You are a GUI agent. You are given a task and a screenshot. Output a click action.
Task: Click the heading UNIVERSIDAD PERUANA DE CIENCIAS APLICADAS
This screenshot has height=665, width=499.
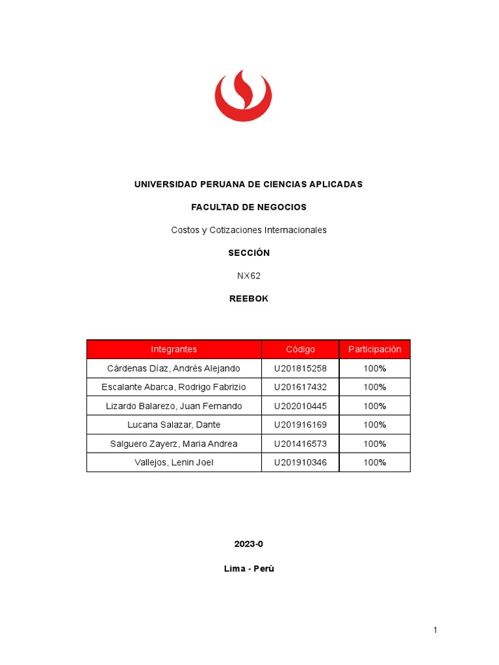coord(248,184)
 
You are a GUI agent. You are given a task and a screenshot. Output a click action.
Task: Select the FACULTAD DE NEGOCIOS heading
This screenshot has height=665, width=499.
coord(248,207)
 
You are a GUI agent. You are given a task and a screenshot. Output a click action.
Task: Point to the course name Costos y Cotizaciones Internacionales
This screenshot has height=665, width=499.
coord(248,230)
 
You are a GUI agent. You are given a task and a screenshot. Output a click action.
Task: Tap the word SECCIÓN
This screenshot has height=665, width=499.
coord(248,253)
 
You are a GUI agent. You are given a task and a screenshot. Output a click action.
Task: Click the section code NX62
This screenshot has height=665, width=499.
coord(248,275)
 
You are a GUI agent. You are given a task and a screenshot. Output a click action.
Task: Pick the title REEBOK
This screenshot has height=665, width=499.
coord(248,299)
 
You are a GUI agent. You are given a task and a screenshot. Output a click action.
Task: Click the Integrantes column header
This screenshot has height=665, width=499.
coord(173,349)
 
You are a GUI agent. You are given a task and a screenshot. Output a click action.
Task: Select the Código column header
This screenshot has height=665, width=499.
coord(300,349)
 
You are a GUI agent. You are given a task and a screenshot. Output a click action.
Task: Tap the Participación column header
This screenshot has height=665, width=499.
coord(375,349)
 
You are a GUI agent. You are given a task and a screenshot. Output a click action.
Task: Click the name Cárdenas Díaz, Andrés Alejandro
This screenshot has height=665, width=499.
coord(173,368)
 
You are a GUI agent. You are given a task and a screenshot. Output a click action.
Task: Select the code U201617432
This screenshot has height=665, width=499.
coord(300,387)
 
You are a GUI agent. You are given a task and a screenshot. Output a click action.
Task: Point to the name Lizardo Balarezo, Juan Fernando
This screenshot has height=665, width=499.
coord(173,406)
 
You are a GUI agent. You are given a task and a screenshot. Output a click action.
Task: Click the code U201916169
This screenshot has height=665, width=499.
coord(300,425)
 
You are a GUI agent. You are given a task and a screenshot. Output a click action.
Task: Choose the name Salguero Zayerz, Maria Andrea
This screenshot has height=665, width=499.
coord(173,444)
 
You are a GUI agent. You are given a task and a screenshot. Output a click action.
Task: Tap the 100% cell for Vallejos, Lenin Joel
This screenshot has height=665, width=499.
coord(375,462)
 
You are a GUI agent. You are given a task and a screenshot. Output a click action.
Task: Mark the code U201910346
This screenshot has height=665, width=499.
coord(300,462)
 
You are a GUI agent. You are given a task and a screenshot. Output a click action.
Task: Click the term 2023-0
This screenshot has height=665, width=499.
coord(248,544)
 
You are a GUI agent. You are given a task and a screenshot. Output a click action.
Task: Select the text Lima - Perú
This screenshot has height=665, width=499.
coord(248,569)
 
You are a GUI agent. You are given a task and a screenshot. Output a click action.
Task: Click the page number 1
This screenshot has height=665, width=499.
coord(436,630)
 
